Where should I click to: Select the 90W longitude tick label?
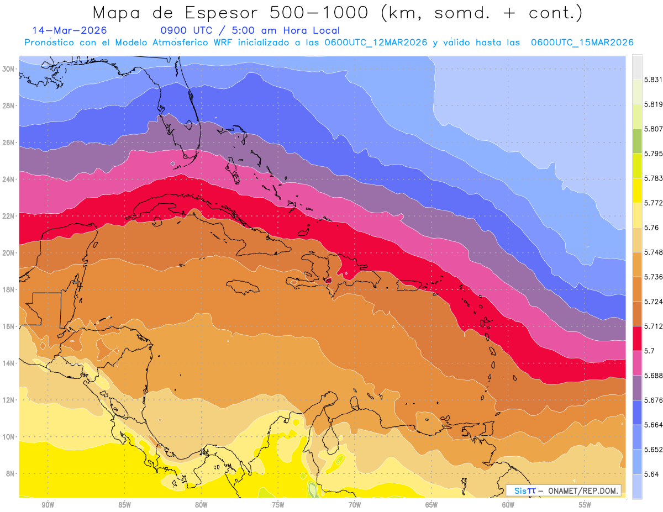(x=48, y=504)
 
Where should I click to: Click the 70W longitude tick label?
(x=355, y=504)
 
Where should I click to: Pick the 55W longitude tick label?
(x=585, y=504)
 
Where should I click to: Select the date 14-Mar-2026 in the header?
(x=70, y=31)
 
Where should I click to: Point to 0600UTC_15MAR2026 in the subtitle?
(x=582, y=43)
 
